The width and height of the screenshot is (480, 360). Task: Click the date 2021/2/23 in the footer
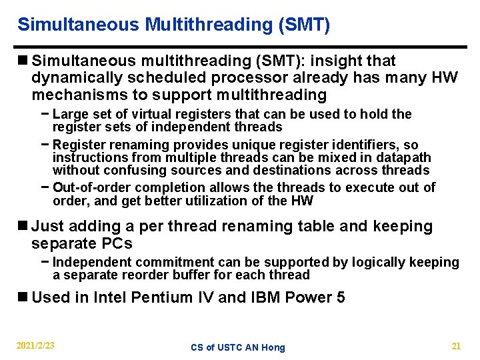point(36,346)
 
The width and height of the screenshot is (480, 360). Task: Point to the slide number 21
point(456,346)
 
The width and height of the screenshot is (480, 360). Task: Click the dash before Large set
point(45,114)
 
